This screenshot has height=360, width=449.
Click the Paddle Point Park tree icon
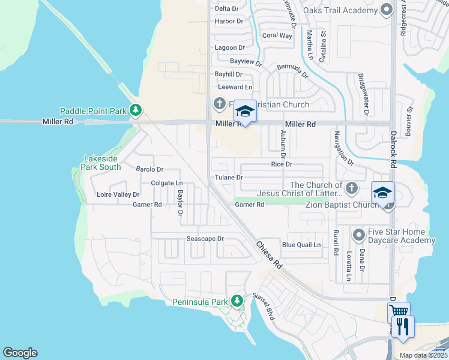click(136, 110)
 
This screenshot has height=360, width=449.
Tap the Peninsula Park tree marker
click(237, 301)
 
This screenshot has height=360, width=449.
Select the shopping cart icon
click(399, 312)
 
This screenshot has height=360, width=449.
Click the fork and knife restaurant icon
click(403, 326)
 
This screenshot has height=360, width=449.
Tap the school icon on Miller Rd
click(245, 111)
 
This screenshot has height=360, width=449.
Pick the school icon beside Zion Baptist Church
click(382, 193)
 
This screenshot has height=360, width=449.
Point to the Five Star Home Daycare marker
click(359, 233)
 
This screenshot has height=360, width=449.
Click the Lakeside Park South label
click(102, 163)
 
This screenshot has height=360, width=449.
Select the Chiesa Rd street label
click(268, 254)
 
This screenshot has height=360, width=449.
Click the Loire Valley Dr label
click(118, 194)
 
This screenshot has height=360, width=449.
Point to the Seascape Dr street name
click(205, 238)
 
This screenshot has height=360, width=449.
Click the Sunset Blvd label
click(263, 307)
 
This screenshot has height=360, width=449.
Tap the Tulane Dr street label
click(229, 178)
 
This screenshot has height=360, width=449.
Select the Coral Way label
click(277, 36)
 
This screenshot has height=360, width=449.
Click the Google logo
click(20, 353)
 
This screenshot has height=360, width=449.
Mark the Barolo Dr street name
click(149, 170)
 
